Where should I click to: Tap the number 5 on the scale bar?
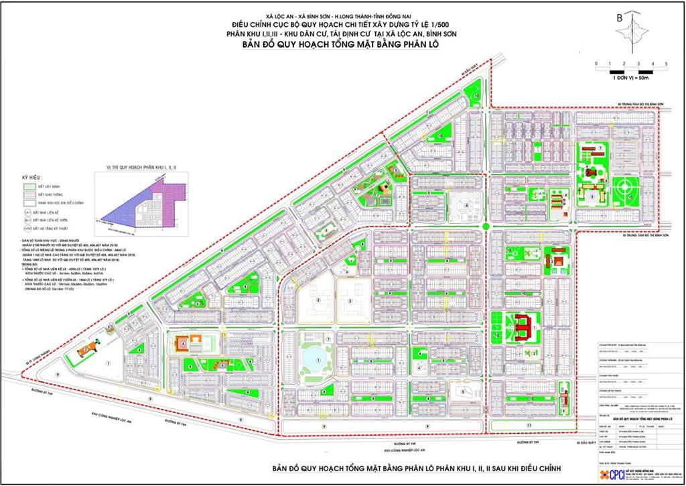(x=666, y=63)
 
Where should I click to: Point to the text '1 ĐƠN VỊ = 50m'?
(x=630, y=78)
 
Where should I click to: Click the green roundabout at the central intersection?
(x=484, y=229)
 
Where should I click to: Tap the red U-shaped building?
(x=525, y=327)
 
